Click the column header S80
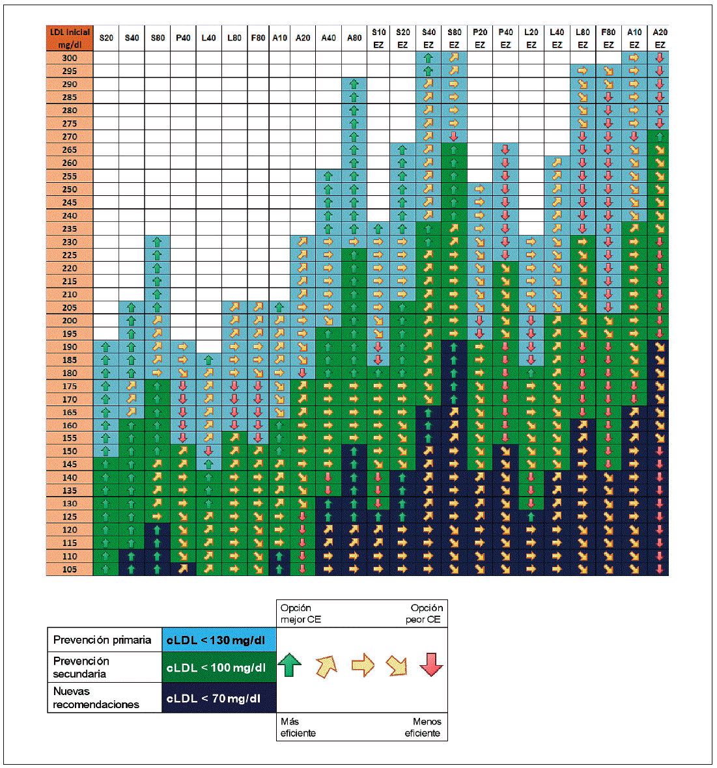point(158,38)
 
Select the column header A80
point(354,38)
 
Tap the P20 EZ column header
point(480,38)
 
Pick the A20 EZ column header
point(660,38)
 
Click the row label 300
point(70,58)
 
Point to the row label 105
point(70,569)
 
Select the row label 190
point(70,347)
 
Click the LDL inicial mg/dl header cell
point(70,38)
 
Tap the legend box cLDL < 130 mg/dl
point(219,640)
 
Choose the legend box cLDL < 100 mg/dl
point(219,668)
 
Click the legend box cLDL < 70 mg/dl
point(219,698)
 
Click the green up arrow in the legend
point(290,665)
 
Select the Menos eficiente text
point(423,727)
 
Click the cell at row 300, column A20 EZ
point(660,58)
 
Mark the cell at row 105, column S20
point(106,569)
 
